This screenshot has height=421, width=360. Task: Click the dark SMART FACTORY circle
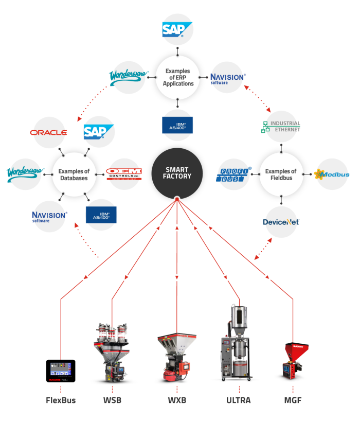[177, 173]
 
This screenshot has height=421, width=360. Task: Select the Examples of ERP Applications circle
[177, 77]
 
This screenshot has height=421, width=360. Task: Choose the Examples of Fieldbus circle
[281, 174]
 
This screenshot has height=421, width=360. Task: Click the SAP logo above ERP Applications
[177, 29]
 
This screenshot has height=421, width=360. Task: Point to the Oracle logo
[49, 132]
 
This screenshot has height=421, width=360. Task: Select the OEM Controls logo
[123, 173]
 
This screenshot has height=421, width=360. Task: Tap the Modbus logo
[332, 174]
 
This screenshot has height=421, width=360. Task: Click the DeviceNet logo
[281, 222]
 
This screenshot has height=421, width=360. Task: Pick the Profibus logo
[235, 174]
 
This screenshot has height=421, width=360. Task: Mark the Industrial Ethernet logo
[281, 127]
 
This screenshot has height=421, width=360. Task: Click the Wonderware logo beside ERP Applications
[129, 77]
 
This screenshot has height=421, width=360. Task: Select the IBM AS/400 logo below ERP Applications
[177, 125]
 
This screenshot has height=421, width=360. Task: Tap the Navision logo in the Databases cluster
[49, 216]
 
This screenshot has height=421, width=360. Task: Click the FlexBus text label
[61, 400]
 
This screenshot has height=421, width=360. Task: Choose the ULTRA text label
[239, 400]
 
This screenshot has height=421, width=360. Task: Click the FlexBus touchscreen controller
[61, 371]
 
